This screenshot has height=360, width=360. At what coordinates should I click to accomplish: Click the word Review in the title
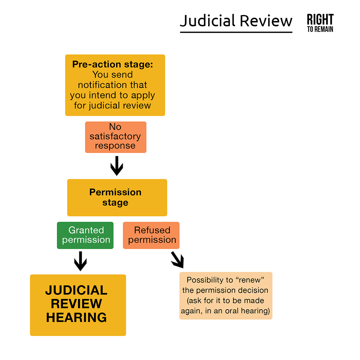pyautogui.click(x=266, y=21)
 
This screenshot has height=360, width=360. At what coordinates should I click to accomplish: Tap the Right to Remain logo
pyautogui.click(x=320, y=23)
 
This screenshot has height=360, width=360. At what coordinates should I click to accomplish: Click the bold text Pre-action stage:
pyautogui.click(x=113, y=64)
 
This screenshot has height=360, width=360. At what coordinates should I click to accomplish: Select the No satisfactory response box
pyautogui.click(x=116, y=137)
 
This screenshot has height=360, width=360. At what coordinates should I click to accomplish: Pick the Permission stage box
pyautogui.click(x=117, y=197)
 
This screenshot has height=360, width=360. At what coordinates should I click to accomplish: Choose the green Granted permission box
pyautogui.click(x=85, y=235)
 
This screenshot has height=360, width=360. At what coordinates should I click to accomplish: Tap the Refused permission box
pyautogui.click(x=151, y=235)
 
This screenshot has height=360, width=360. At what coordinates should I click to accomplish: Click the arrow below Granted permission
pyautogui.click(x=80, y=261)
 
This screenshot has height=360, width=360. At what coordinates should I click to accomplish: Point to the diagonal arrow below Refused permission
pyautogui.click(x=177, y=260)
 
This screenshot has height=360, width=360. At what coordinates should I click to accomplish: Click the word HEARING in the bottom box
pyautogui.click(x=76, y=318)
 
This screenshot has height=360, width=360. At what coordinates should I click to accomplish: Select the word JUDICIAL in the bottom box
pyautogui.click(x=76, y=291)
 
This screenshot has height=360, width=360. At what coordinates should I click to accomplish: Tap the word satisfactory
pyautogui.click(x=115, y=137)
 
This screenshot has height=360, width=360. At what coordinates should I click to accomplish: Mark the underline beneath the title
pyautogui.click(x=236, y=32)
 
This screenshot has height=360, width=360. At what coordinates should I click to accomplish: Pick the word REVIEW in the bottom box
pyautogui.click(x=76, y=304)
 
